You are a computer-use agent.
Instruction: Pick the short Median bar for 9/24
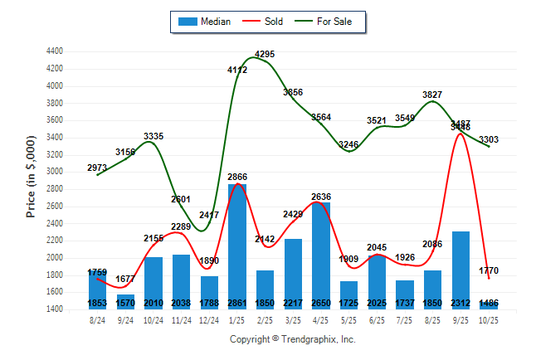(125, 302)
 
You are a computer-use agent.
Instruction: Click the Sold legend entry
(262, 22)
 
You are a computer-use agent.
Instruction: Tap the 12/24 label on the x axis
(209, 320)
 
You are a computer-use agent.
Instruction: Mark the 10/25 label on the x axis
(490, 320)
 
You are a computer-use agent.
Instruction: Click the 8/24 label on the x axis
(97, 320)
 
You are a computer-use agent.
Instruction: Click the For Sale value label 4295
(265, 55)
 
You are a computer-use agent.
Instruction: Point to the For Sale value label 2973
(98, 168)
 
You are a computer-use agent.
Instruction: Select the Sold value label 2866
(237, 178)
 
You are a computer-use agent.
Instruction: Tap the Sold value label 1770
(490, 270)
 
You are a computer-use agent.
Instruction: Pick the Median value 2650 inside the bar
(321, 304)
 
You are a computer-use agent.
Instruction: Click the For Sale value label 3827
(433, 95)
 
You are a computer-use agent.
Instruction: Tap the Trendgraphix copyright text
(292, 339)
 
